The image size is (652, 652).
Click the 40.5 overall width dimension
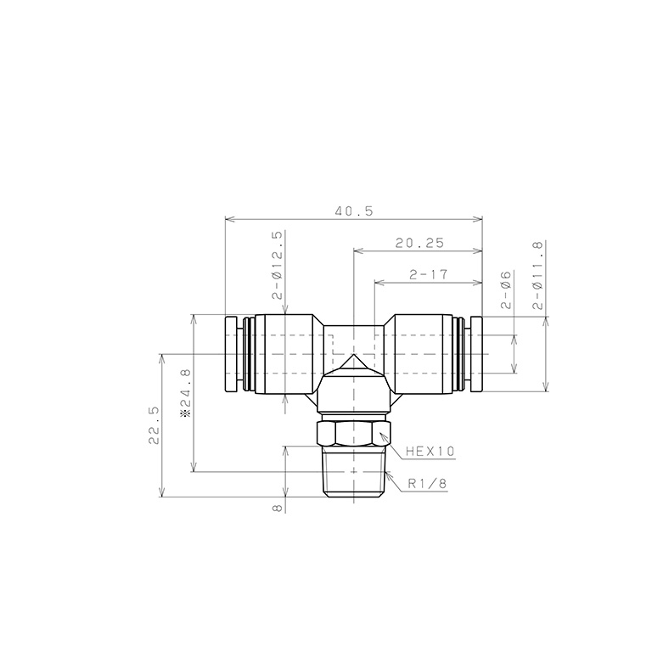(354, 211)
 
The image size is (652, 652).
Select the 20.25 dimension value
(419, 243)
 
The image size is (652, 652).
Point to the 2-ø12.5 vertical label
(277, 266)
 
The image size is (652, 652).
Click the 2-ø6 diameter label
(504, 289)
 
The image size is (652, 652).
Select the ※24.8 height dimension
(185, 390)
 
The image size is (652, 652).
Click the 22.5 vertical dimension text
(153, 425)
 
